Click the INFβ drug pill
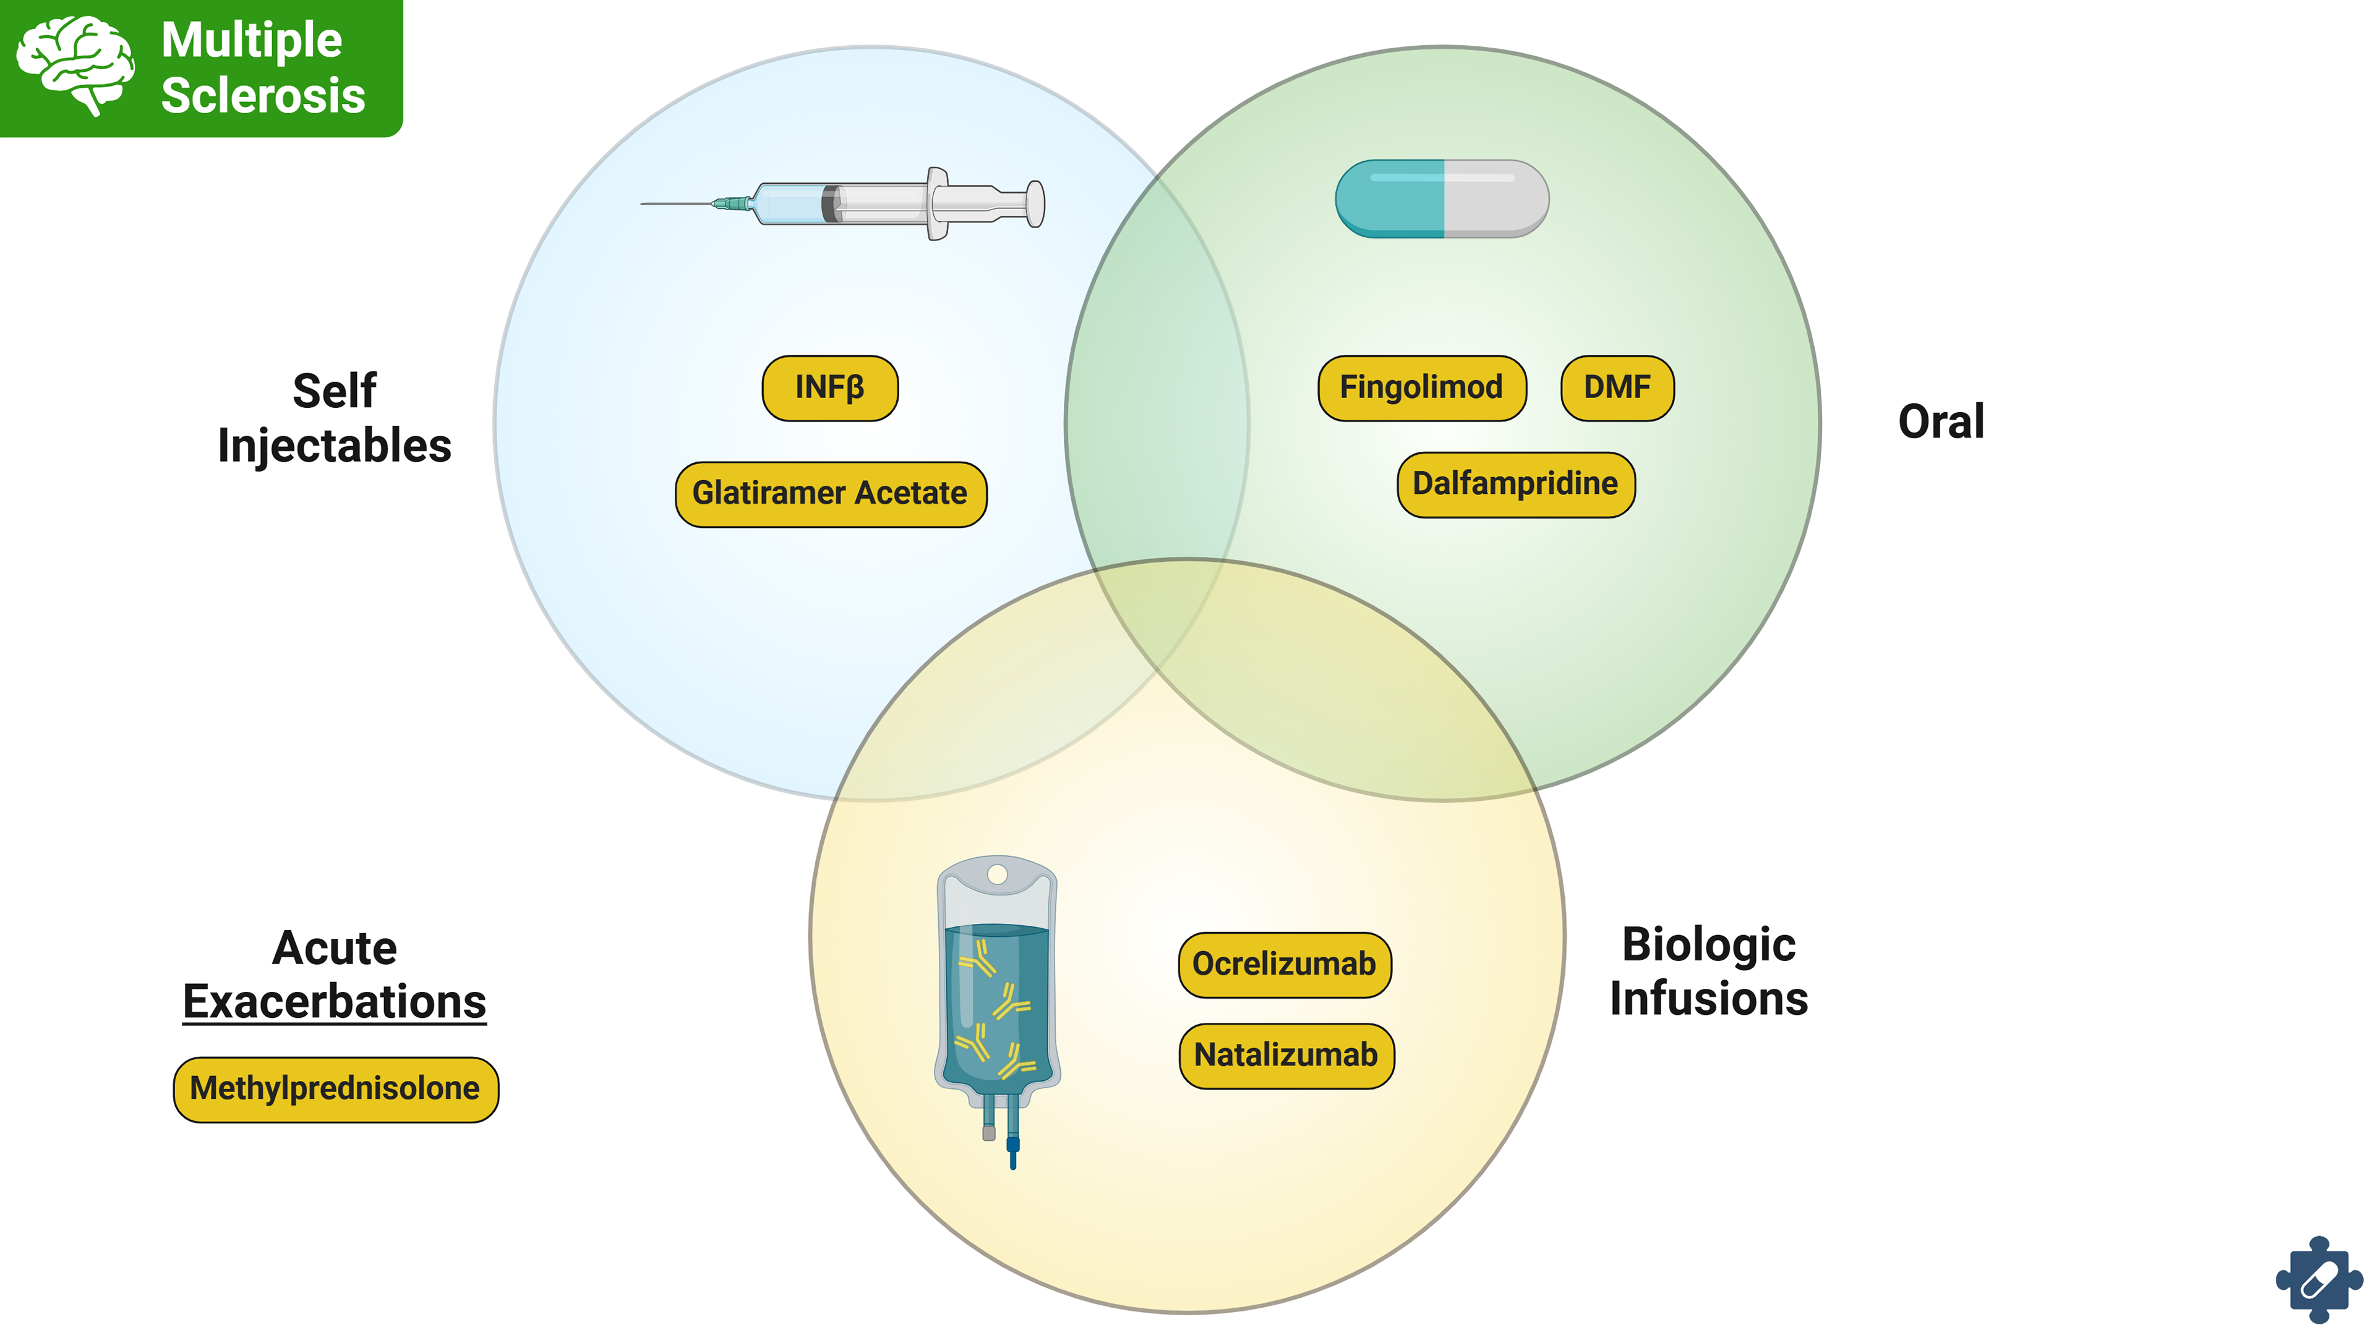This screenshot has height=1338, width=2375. pyautogui.click(x=830, y=388)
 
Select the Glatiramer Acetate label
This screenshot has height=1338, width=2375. pyautogui.click(x=831, y=494)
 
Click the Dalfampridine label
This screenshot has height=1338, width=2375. pyautogui.click(x=1516, y=485)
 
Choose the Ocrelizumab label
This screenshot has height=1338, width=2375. pyautogui.click(x=1285, y=965)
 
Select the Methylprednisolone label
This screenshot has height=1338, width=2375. pyautogui.click(x=336, y=1089)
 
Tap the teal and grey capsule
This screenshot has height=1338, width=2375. pyautogui.click(x=1442, y=199)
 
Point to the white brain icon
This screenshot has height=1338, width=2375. pyautogui.click(x=75, y=64)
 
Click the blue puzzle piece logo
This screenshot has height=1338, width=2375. pyautogui.click(x=2318, y=1279)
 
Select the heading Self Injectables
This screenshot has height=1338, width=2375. pyautogui.click(x=335, y=418)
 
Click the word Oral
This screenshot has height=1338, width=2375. pyautogui.click(x=1941, y=422)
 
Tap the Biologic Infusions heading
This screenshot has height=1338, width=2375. pyautogui.click(x=1708, y=972)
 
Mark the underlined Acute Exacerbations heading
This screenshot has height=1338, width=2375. pyautogui.click(x=335, y=975)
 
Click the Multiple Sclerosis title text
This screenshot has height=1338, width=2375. pyautogui.click(x=263, y=67)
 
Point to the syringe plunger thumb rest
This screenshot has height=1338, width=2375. pyautogui.click(x=1035, y=204)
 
